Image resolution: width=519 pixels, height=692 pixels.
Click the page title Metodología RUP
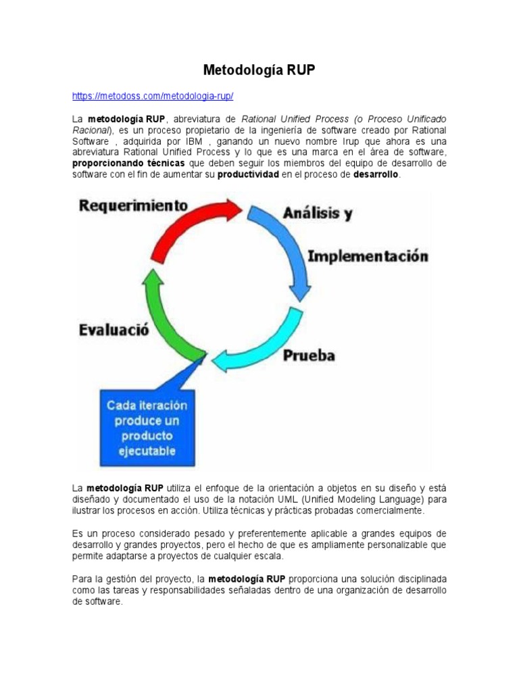pyautogui.click(x=259, y=70)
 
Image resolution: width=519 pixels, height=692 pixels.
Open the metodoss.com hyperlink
pyautogui.click(x=153, y=96)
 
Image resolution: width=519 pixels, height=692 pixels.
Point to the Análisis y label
pyautogui.click(x=317, y=214)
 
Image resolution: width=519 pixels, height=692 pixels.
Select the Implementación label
pyautogui.click(x=368, y=257)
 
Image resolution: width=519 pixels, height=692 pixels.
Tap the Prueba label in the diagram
pyautogui.click(x=308, y=355)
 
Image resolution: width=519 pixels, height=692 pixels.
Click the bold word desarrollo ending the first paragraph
pyautogui.click(x=376, y=174)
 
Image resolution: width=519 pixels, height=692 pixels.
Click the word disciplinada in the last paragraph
pyautogui.click(x=414, y=579)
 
